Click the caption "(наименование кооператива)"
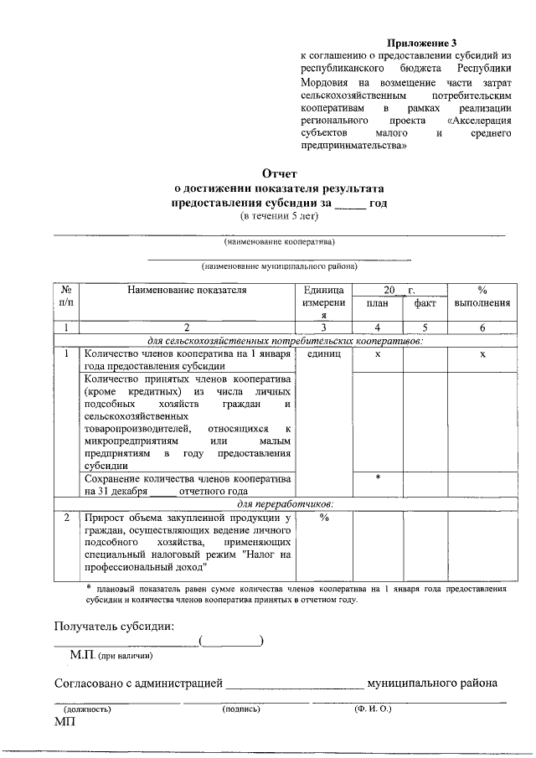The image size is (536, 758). click(x=279, y=242)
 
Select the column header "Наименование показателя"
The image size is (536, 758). click(x=188, y=290)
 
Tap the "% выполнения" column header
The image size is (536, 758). click(x=482, y=296)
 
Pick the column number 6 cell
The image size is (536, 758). click(x=482, y=327)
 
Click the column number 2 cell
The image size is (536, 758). click(x=188, y=327)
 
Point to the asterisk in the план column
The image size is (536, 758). click(x=378, y=477)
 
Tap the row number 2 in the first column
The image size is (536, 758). click(x=66, y=517)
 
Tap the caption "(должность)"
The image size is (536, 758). click(x=87, y=709)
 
